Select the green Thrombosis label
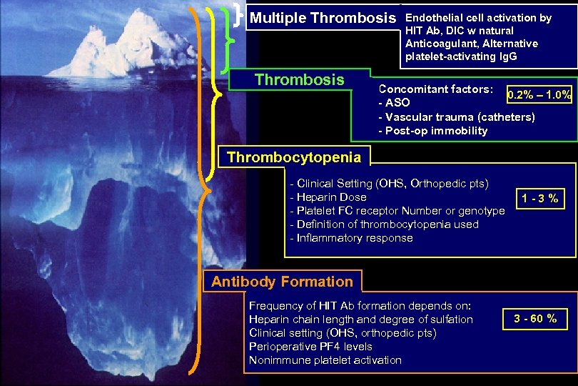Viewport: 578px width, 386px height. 300,79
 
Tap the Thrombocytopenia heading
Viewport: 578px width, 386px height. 294,157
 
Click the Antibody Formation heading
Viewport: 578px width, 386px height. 282,282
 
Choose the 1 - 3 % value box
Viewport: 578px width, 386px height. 539,198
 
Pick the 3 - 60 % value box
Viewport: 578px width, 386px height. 530,318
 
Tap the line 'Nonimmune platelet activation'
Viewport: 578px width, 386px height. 325,360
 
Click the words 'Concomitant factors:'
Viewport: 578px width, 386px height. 435,90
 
